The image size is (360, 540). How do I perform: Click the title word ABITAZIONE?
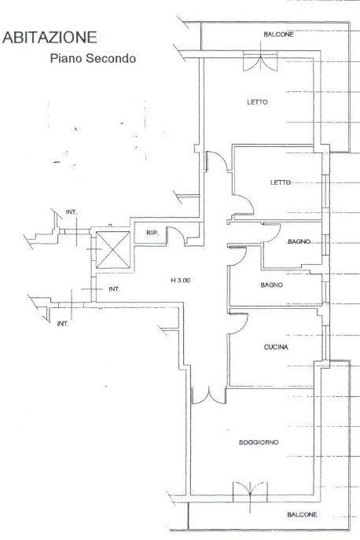coord(50,38)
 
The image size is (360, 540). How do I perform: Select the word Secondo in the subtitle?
coord(111,58)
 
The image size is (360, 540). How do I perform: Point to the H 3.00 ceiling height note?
coord(181,281)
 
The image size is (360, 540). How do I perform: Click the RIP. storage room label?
coord(152,233)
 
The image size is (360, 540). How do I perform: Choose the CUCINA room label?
coord(276,347)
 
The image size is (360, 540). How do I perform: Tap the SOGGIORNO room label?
coord(259,443)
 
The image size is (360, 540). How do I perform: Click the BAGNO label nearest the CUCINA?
coord(272,285)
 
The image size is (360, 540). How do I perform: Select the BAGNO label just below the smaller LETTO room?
coord(299,242)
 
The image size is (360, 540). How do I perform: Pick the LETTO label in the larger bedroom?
coord(257,102)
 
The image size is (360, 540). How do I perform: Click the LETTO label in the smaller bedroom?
coord(281,182)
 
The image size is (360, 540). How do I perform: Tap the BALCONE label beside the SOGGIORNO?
coord(302,515)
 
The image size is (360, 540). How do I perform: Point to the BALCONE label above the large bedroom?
coord(279,35)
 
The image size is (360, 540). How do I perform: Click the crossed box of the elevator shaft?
coord(113,250)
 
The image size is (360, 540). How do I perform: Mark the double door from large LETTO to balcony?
coord(260,61)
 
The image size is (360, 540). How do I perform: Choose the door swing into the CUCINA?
coord(238,324)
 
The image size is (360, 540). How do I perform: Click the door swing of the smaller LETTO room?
coord(243,206)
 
